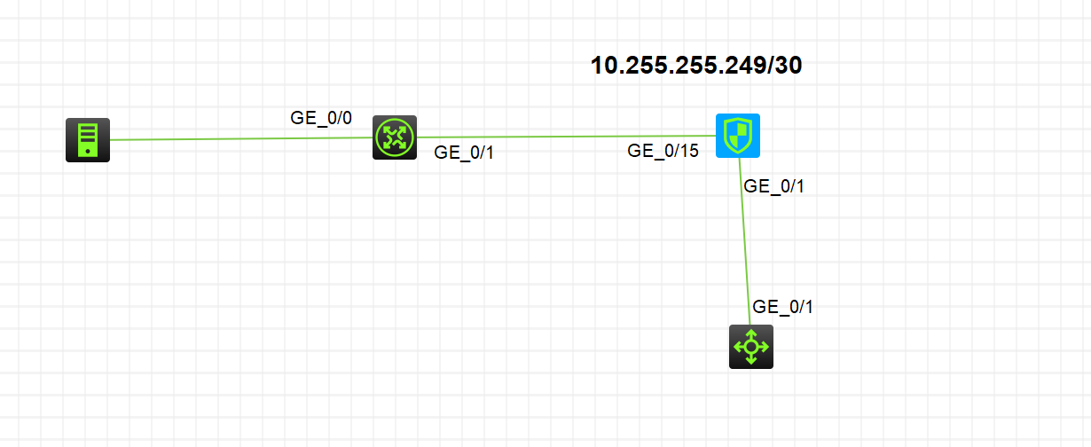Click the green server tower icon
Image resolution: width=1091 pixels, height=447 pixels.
(88, 139)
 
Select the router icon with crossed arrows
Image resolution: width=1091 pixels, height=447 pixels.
(394, 137)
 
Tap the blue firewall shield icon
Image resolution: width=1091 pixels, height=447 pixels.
(738, 135)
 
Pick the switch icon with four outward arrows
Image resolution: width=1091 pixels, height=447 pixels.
(751, 346)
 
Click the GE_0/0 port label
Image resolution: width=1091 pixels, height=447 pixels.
(321, 117)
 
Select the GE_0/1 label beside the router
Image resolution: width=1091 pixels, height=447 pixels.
(464, 153)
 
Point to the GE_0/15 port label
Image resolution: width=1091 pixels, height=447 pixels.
(663, 151)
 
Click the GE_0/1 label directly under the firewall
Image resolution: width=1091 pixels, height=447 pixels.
(773, 186)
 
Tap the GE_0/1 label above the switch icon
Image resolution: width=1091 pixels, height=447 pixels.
(782, 308)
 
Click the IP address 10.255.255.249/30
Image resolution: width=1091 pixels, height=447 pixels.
(696, 66)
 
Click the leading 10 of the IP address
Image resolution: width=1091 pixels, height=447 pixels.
(602, 66)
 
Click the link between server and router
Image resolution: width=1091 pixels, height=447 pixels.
(239, 138)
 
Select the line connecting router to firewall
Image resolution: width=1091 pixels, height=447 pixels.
(568, 137)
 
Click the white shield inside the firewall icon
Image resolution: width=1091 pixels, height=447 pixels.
(738, 135)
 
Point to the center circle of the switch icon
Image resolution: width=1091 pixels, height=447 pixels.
(751, 346)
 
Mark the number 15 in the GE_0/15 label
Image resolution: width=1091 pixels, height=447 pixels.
(689, 151)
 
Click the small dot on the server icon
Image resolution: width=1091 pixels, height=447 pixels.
(88, 152)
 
